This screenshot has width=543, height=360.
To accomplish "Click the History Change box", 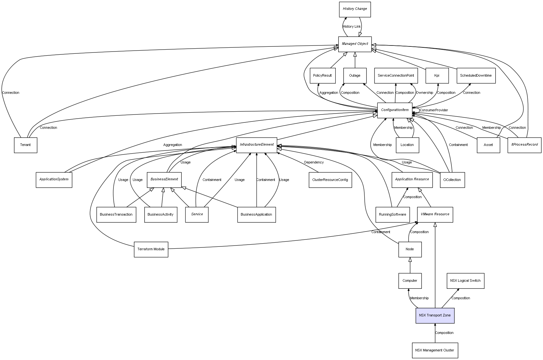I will (x=355, y=9).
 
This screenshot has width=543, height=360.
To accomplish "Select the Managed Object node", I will (x=355, y=44).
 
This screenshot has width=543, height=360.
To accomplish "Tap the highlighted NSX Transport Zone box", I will (x=435, y=315).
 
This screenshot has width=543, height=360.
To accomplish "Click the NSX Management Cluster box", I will (x=435, y=350).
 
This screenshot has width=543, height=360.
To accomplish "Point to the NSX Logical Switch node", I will (x=465, y=281).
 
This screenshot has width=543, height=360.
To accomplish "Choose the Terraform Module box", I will (x=151, y=249).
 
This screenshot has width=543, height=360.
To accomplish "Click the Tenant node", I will (x=25, y=145).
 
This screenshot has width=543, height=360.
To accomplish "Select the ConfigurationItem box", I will (x=395, y=110).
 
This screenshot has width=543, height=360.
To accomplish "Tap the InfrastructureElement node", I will (x=257, y=145).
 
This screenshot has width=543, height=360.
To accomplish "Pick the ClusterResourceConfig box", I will (x=330, y=180).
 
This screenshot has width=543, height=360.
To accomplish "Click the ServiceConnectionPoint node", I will (x=396, y=76).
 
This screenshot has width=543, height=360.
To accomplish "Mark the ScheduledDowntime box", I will (x=476, y=76).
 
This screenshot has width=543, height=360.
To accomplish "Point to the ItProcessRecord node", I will (x=524, y=145).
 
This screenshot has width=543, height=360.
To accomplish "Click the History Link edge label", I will (x=352, y=27).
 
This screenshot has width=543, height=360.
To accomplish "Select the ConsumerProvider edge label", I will (x=434, y=110).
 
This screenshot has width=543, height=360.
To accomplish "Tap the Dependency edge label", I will (x=314, y=163).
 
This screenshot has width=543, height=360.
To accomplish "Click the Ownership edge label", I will (x=424, y=93).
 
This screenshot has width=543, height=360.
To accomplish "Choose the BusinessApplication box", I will (x=256, y=215).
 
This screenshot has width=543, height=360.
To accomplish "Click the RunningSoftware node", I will (x=392, y=215).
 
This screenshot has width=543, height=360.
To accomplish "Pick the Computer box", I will (x=410, y=281).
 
